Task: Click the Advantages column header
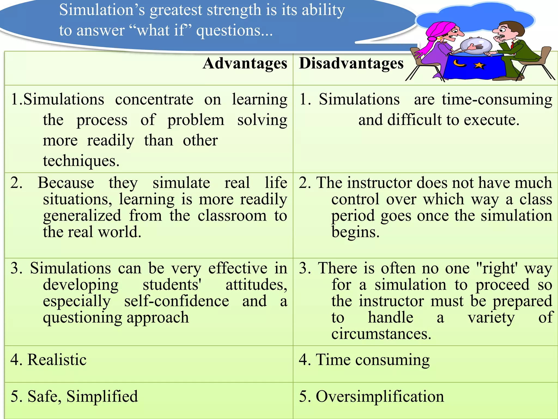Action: [245, 64]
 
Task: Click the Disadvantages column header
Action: [351, 64]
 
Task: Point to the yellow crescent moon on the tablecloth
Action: [459, 64]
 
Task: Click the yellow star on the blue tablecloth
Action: [479, 65]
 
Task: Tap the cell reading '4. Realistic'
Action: [48, 360]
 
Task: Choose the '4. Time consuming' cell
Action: [364, 360]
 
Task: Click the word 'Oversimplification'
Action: [380, 396]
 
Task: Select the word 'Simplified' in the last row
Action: [102, 396]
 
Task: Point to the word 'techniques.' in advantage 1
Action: [81, 161]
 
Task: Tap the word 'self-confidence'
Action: [177, 301]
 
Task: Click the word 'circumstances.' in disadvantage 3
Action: [381, 334]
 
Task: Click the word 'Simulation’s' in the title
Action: [102, 10]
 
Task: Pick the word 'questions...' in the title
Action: [234, 31]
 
